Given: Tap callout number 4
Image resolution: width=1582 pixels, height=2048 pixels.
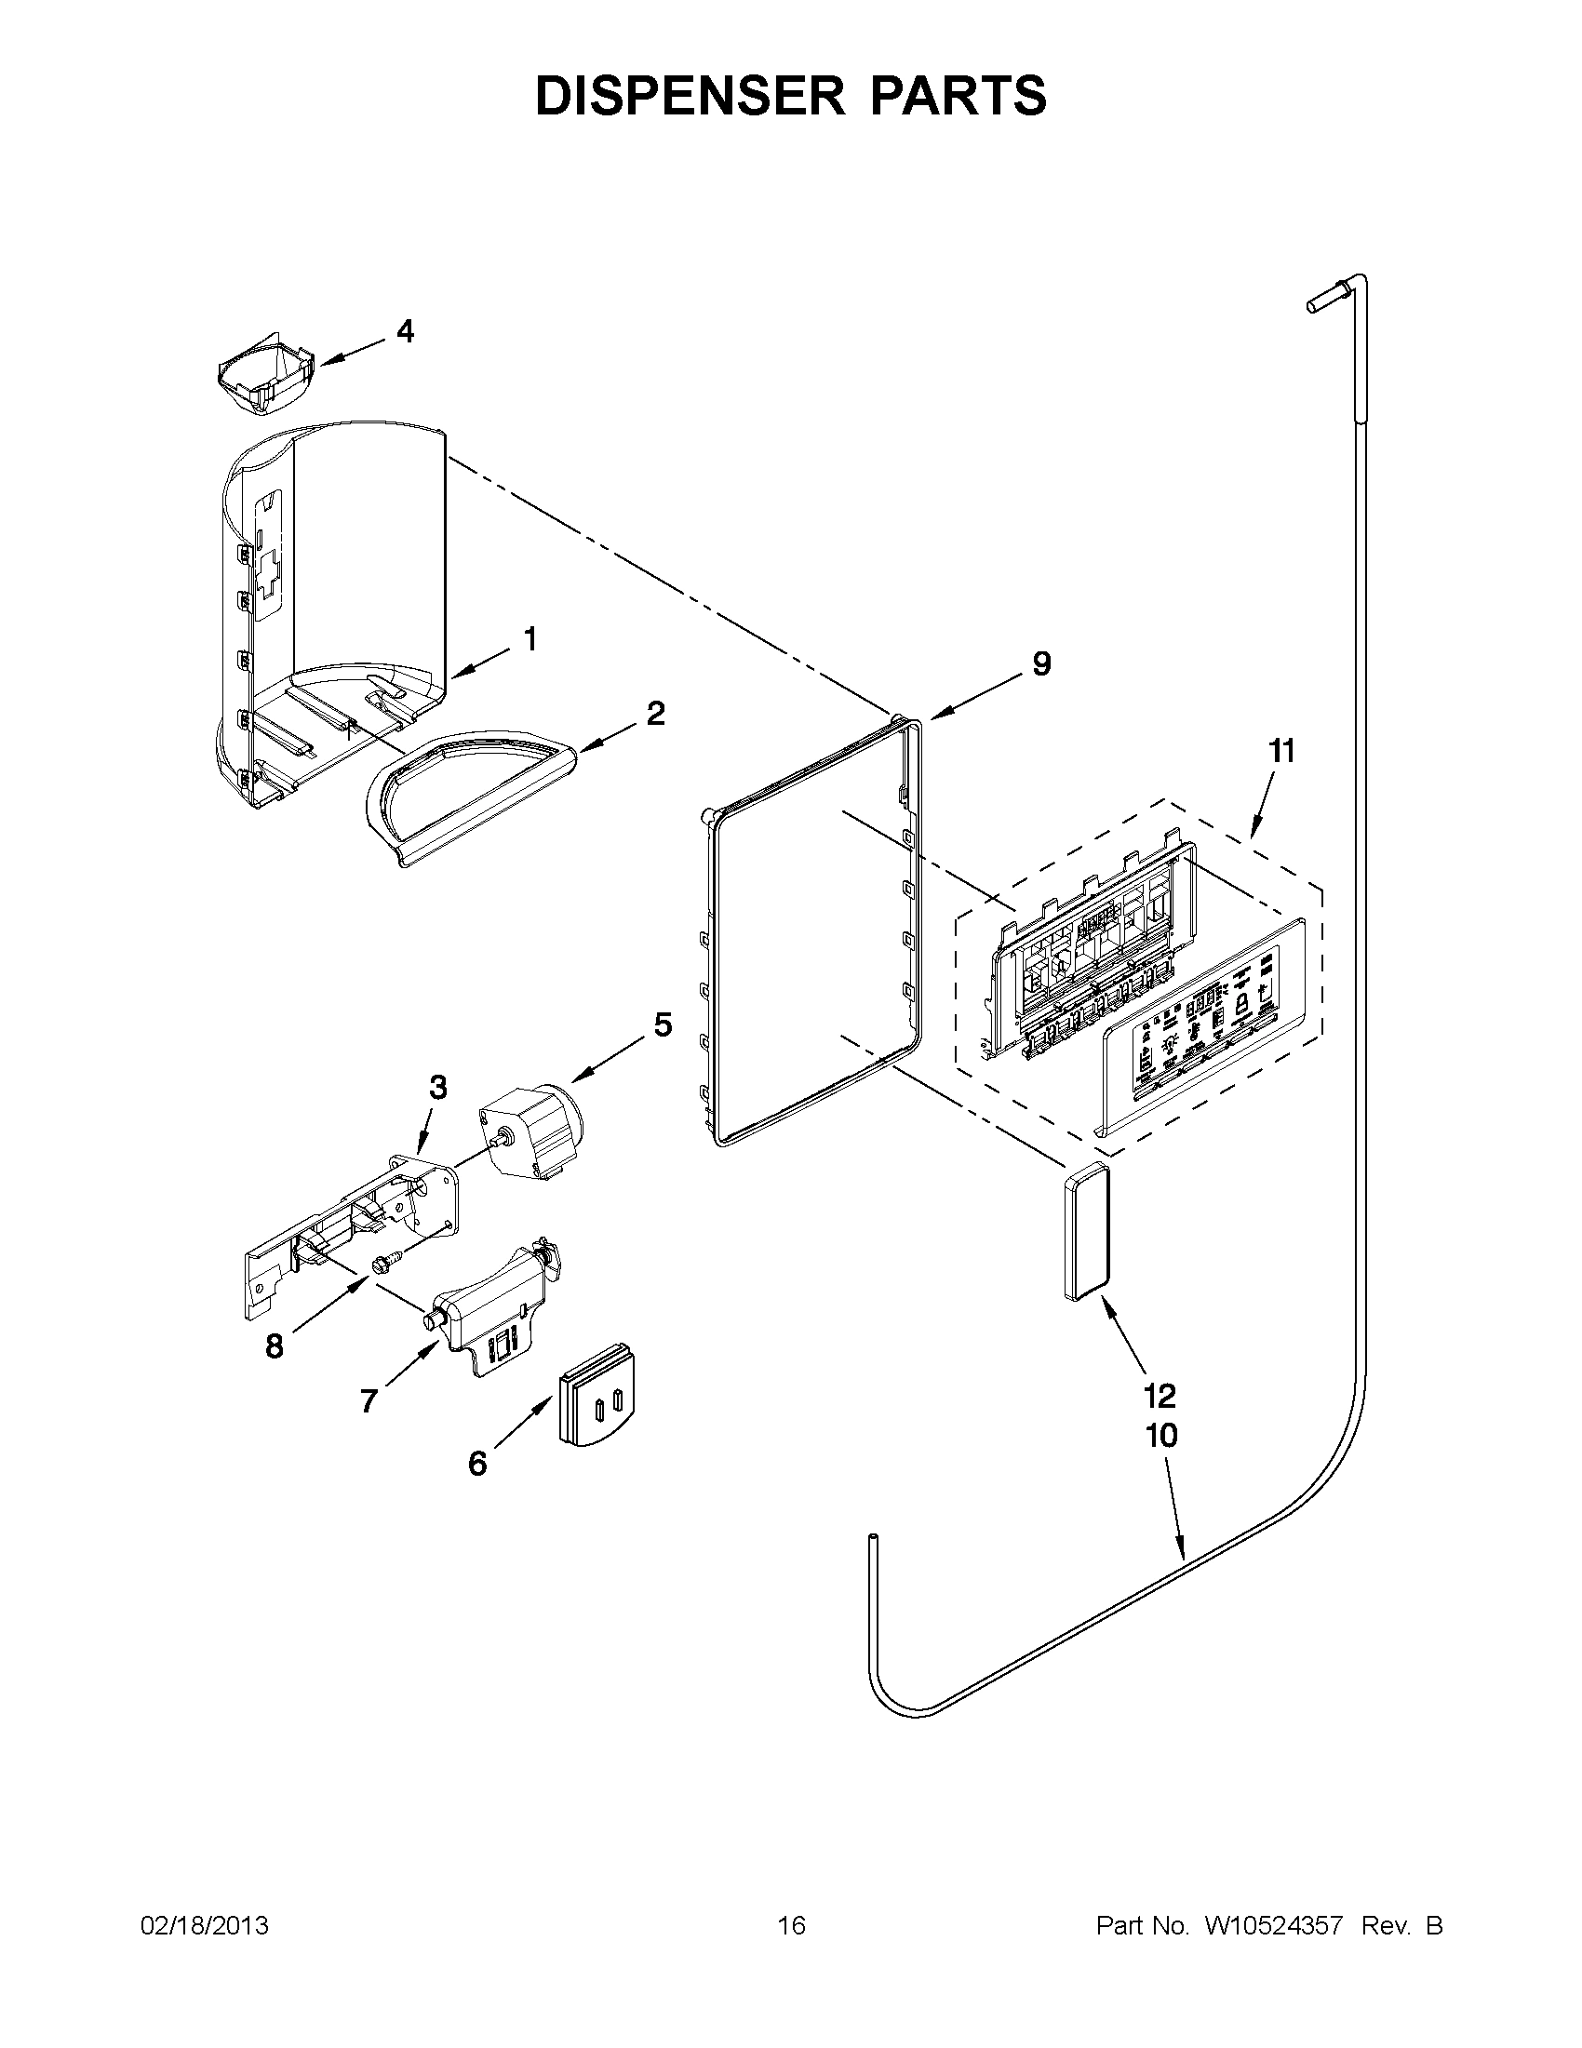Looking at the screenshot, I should coord(405,331).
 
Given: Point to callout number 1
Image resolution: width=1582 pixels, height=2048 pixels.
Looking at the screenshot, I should coord(530,639).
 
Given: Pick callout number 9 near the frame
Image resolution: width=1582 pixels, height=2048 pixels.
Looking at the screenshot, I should coord(1042,664).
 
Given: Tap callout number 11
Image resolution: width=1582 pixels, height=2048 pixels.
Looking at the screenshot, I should coord(1281,751).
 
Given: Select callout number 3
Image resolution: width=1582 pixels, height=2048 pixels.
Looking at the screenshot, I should coord(438,1088).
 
